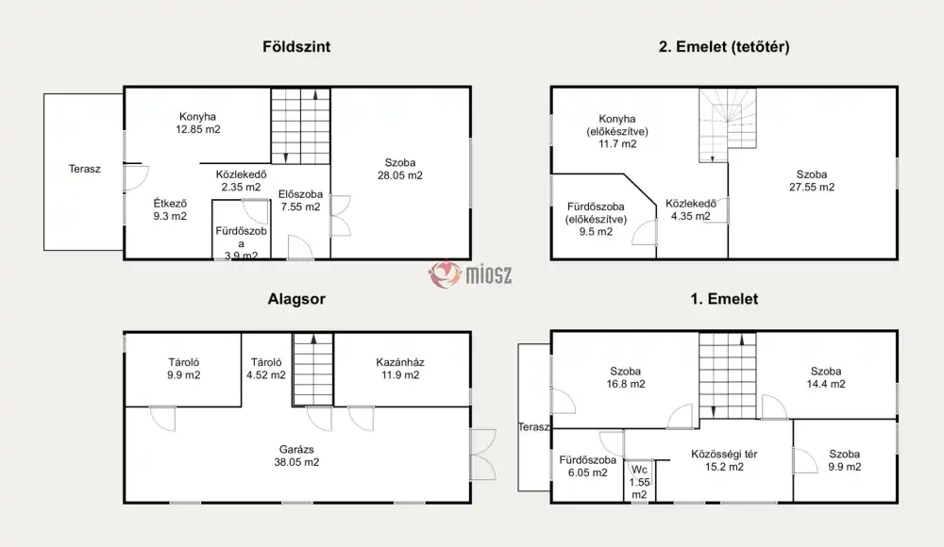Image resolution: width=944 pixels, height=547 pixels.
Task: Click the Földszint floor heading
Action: (x=296, y=47)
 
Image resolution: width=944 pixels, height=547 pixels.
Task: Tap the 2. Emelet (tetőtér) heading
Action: (x=724, y=47)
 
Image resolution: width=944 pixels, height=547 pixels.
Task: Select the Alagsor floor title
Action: (x=296, y=299)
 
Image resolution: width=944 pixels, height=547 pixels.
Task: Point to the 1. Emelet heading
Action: (x=724, y=299)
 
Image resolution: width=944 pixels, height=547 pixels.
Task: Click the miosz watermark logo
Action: (x=470, y=274)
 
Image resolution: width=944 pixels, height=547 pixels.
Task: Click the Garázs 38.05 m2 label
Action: (x=296, y=456)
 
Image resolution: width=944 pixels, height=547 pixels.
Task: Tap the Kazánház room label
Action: (x=399, y=362)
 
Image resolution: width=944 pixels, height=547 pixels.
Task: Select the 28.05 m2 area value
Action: (x=399, y=175)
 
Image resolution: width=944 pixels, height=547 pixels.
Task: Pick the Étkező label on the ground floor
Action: (x=170, y=204)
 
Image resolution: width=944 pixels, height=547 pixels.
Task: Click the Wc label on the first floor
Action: (x=639, y=470)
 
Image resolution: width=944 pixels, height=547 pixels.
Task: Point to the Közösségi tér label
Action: (x=724, y=455)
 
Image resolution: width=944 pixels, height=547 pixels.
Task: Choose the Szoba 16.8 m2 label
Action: (x=626, y=378)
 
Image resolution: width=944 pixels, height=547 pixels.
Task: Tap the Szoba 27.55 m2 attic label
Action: (x=812, y=180)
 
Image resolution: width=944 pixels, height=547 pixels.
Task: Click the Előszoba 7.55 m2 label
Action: (x=300, y=200)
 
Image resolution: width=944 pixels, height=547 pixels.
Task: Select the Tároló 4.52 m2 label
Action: (x=266, y=368)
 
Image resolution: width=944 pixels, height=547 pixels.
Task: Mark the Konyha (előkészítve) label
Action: (x=617, y=131)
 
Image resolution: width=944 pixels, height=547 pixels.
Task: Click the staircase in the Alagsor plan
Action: (x=313, y=370)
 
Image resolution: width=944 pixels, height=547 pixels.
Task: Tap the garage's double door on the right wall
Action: (x=483, y=455)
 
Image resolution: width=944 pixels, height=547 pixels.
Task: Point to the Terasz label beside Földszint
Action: (x=84, y=169)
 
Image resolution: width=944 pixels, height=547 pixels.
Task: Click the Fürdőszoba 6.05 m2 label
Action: (x=587, y=466)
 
